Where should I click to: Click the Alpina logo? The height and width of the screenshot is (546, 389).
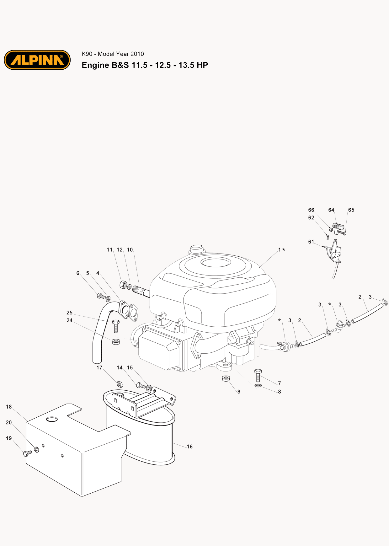click(37, 60)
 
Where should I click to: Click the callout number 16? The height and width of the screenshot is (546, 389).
click(190, 447)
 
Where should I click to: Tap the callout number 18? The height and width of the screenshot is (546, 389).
click(9, 407)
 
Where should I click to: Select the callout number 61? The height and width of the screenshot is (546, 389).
click(311, 242)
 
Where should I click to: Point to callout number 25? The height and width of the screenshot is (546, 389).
click(69, 313)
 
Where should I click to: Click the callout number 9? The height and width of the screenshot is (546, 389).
click(239, 392)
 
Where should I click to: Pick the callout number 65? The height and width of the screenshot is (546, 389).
click(351, 210)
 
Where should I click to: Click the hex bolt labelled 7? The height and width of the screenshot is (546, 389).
click(258, 376)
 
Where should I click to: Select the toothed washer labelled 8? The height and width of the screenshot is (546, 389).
click(258, 385)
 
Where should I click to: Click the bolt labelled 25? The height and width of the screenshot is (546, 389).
click(115, 326)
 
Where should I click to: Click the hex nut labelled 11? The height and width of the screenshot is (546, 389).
click(123, 285)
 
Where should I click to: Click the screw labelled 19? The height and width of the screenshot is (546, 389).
click(28, 453)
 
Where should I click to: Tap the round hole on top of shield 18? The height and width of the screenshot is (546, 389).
click(52, 419)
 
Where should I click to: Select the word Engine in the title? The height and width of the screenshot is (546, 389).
click(95, 65)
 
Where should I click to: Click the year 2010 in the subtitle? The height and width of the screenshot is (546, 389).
click(137, 54)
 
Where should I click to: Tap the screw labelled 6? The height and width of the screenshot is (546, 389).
click(101, 296)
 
